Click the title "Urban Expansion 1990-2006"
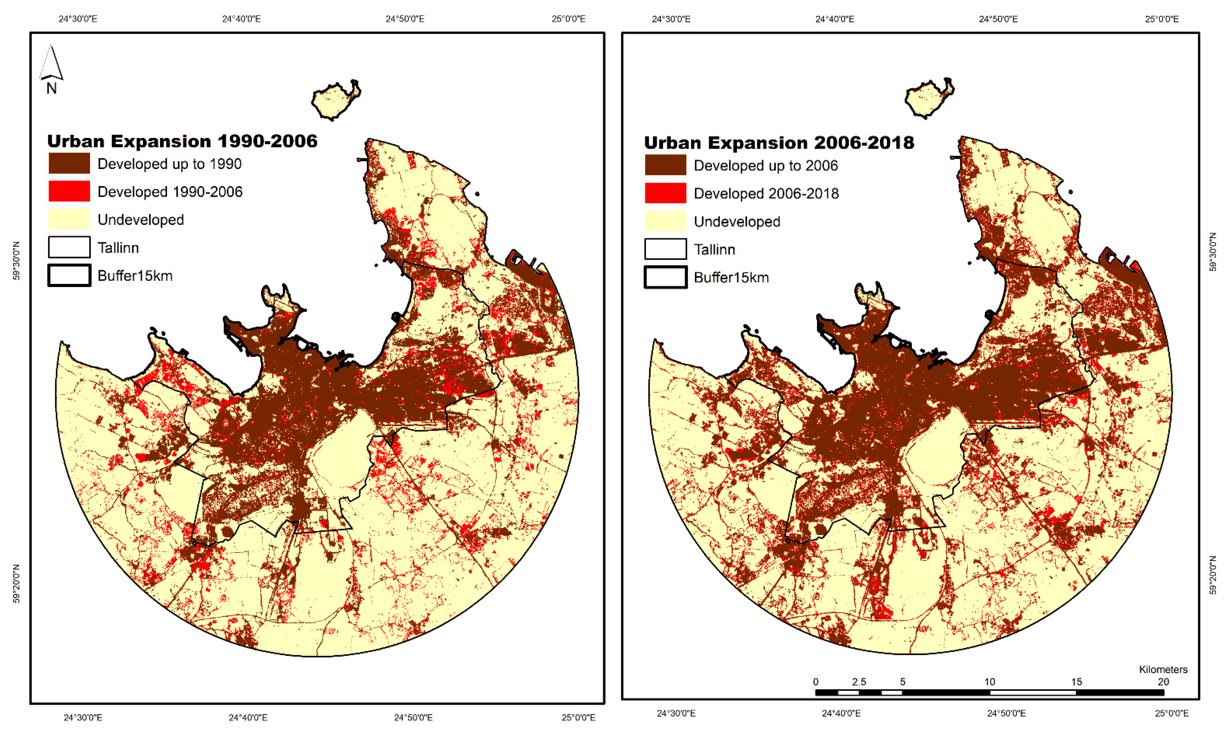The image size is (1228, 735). click(x=182, y=141)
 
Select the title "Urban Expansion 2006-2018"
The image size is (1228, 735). click(x=779, y=143)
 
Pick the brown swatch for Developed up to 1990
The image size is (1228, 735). click(x=69, y=163)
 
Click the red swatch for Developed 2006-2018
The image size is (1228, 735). click(x=665, y=193)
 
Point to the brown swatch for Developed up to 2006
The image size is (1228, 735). click(x=665, y=165)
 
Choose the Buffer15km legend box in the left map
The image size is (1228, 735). click(x=69, y=275)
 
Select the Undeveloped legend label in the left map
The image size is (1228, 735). click(x=141, y=219)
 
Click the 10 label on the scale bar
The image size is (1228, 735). click(x=989, y=681)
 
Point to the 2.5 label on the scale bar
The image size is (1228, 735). click(x=859, y=681)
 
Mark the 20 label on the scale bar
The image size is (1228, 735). click(x=1163, y=681)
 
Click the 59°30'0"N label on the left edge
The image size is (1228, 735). click(x=16, y=261)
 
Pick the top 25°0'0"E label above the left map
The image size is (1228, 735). click(x=568, y=19)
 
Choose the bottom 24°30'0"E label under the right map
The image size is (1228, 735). click(x=676, y=713)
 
